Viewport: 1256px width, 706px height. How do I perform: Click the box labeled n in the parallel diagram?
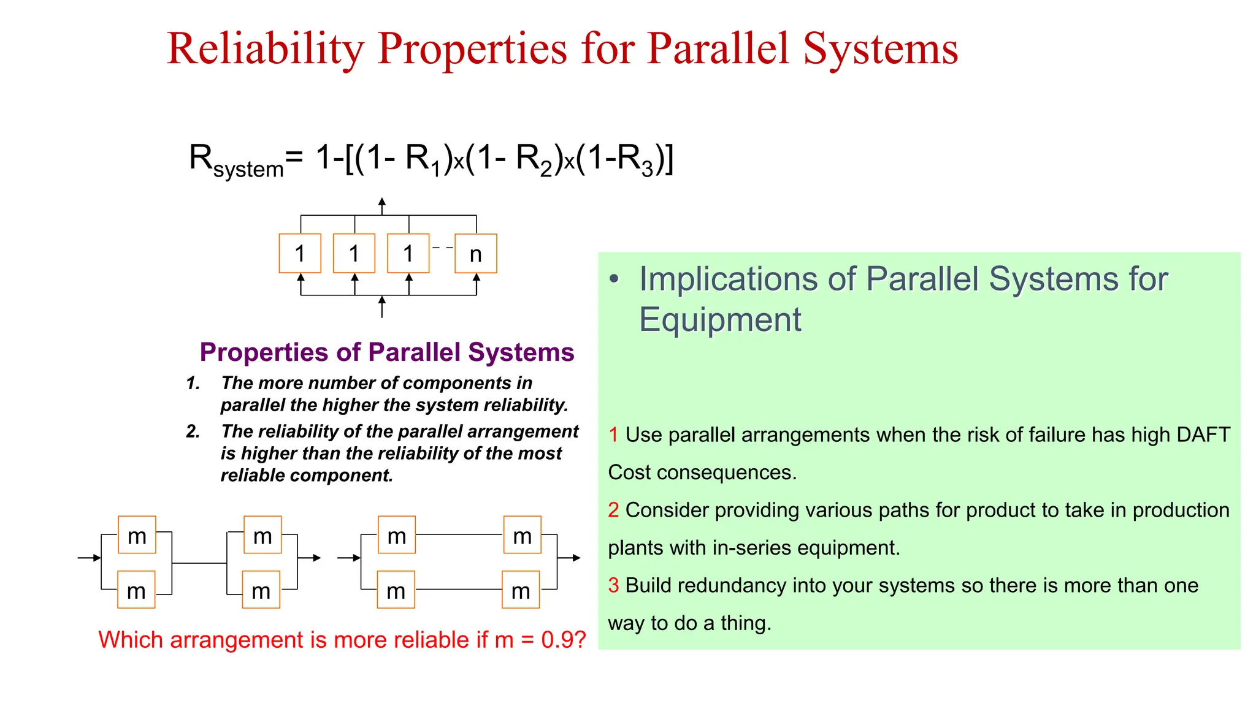475,253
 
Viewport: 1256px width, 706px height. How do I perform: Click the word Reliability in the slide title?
266,48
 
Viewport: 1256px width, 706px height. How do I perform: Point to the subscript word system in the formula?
248,169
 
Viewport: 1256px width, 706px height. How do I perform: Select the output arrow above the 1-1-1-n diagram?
381,205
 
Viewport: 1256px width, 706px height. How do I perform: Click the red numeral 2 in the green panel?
613,510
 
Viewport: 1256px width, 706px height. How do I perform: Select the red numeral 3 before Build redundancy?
613,585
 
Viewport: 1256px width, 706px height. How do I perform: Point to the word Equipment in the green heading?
719,319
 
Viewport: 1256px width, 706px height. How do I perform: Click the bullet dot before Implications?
615,279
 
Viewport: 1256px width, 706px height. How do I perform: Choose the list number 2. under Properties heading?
193,431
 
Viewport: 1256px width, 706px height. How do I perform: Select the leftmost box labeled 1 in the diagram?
299,253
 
